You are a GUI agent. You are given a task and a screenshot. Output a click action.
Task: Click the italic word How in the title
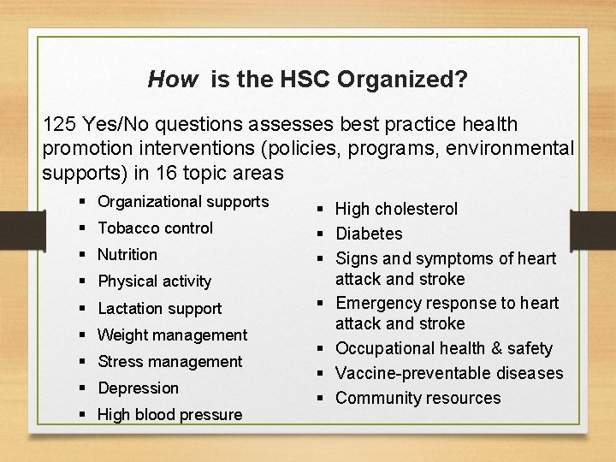172,80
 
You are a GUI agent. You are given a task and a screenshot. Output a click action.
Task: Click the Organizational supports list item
183,202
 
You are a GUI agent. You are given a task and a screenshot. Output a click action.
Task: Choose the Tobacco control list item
155,228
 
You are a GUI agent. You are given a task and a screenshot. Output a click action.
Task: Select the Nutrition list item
127,254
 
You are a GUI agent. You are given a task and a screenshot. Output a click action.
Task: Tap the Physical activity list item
154,281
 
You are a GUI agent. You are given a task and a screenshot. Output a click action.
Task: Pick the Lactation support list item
159,308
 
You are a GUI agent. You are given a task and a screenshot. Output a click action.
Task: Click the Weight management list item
172,335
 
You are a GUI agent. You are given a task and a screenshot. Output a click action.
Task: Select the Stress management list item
169,361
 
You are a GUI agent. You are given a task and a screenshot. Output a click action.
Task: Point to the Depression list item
138,388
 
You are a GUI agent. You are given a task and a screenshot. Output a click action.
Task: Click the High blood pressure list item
169,415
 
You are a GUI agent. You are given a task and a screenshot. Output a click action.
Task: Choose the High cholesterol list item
396,209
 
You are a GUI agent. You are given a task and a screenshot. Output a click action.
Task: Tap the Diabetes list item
369,234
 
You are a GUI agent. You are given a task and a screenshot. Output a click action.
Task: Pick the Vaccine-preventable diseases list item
449,373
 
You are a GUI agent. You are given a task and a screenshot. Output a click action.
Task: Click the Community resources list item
418,398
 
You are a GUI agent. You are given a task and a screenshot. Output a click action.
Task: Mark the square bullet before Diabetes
322,234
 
